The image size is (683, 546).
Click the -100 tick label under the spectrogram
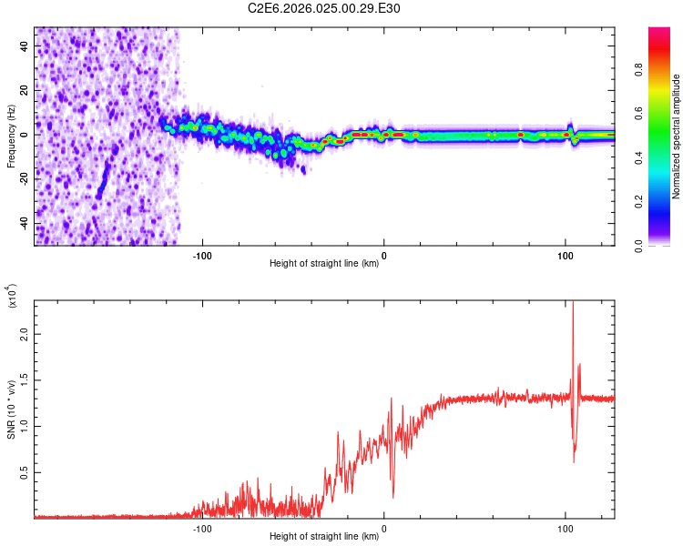tap(202, 255)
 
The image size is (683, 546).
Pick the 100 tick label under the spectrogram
tap(565, 255)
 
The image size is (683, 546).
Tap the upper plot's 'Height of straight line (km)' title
tap(324, 265)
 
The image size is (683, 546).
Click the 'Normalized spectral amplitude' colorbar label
tap(677, 136)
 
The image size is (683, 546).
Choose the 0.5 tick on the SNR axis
tap(25, 472)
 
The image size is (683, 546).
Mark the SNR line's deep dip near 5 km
tap(393, 496)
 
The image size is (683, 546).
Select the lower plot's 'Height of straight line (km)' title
tap(324, 537)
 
